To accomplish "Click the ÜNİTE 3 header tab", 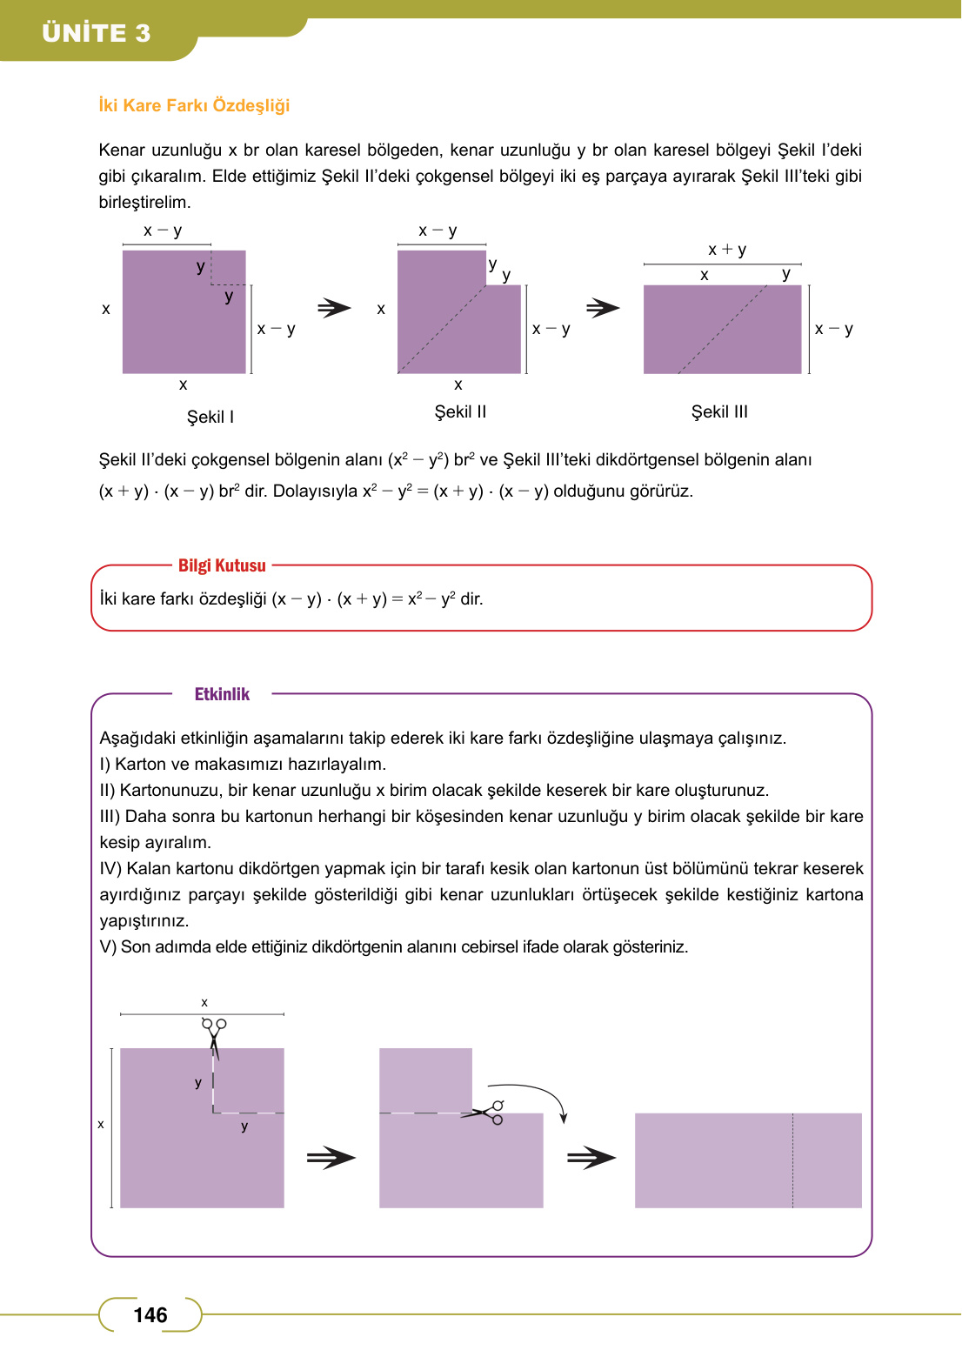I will point(97,33).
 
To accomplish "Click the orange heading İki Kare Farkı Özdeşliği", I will point(194,105).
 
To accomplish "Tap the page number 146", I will point(150,1314).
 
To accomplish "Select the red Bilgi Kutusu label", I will point(222,565).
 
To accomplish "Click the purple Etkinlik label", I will point(222,694).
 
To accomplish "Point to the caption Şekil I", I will point(210,417).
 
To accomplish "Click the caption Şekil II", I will point(460,411).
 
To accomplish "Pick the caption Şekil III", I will point(719,411).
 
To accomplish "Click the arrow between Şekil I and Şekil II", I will point(334,308).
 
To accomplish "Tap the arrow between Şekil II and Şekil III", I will point(603,308).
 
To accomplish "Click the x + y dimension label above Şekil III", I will point(727,250).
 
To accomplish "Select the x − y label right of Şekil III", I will point(833,329).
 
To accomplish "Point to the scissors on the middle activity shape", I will point(488,1113).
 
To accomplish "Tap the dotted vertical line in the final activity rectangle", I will point(792,1160).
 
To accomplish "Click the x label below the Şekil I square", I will point(183,384).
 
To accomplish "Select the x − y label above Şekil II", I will point(438,231).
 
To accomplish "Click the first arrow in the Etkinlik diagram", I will point(331,1158).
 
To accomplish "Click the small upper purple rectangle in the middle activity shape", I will point(425,1080).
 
